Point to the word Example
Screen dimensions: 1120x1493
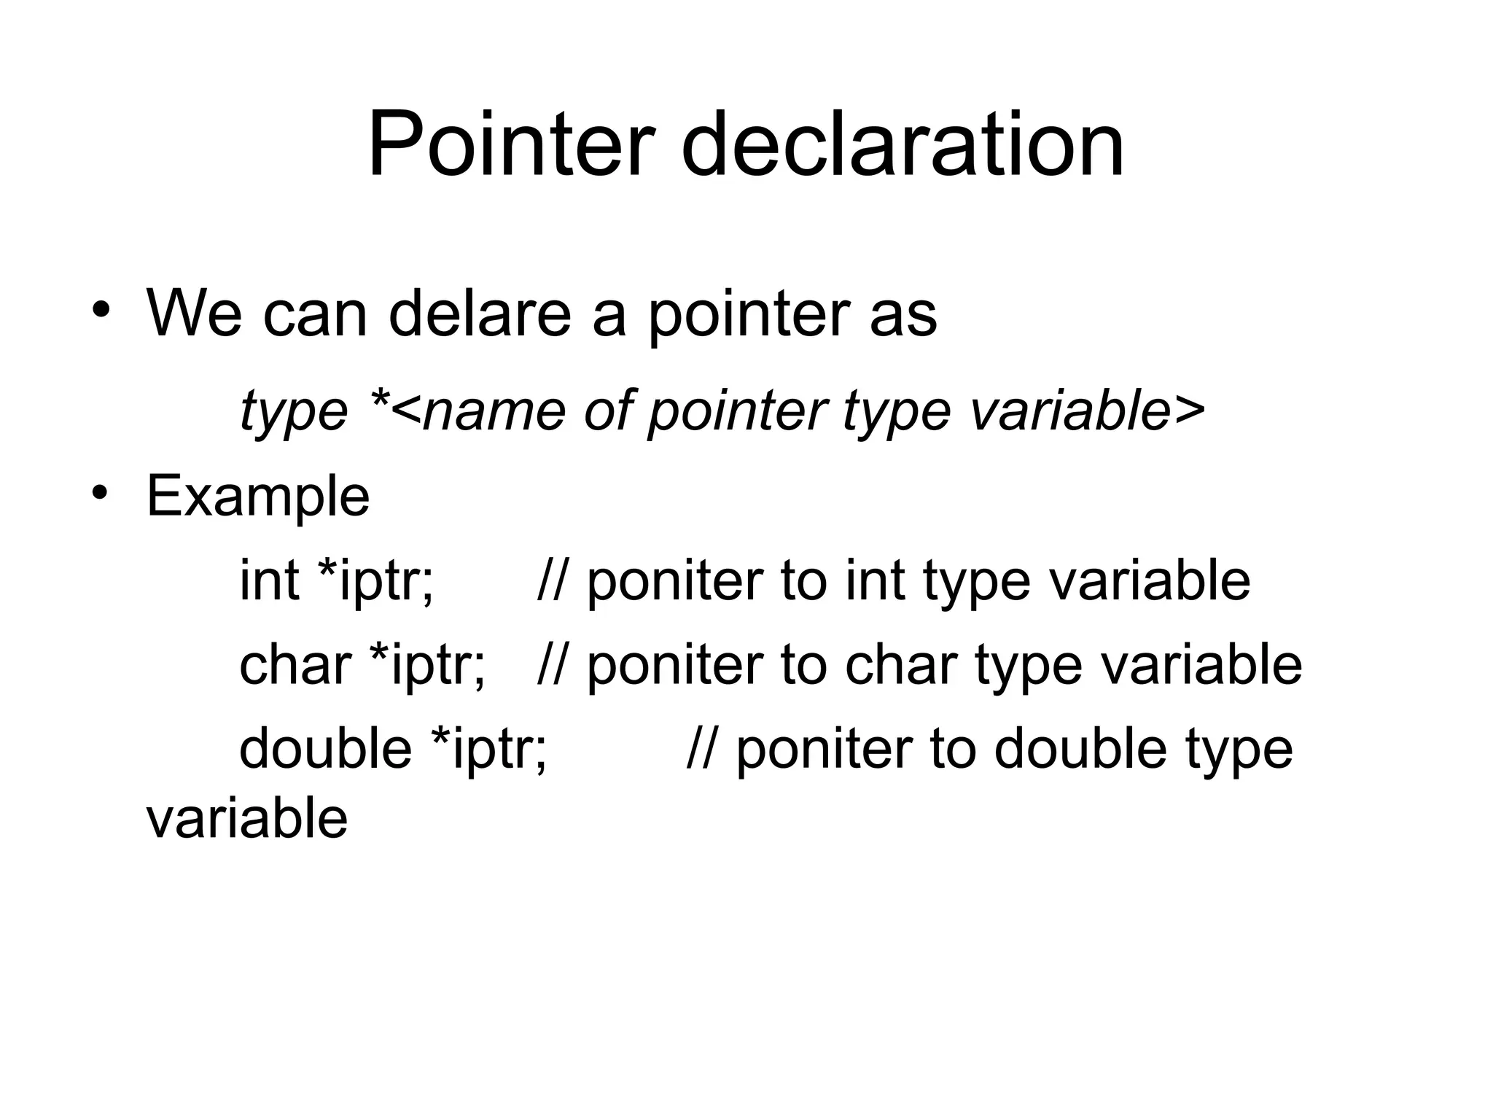[258, 497]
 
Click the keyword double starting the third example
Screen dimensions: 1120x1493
[325, 749]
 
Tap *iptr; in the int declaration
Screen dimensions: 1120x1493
[376, 582]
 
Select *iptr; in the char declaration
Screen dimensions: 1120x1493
[427, 666]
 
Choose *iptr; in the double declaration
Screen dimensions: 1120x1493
[488, 750]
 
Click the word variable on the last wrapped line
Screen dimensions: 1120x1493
[247, 818]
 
